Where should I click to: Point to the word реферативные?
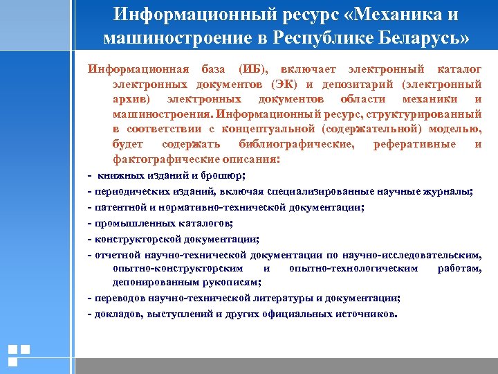click(x=414, y=144)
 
